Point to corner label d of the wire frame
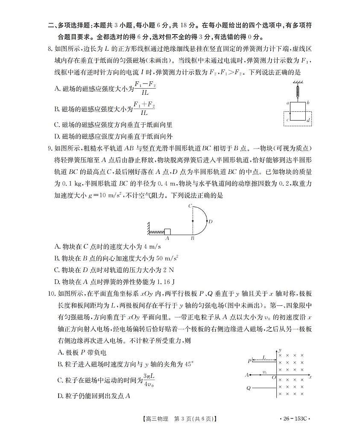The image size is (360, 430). pos(308,121)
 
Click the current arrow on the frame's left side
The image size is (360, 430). pos(290,113)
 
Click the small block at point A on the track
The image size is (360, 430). pos(167,232)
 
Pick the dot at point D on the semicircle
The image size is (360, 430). pos(206,221)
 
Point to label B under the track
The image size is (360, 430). pos(193,239)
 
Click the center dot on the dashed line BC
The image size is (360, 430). pos(193,221)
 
